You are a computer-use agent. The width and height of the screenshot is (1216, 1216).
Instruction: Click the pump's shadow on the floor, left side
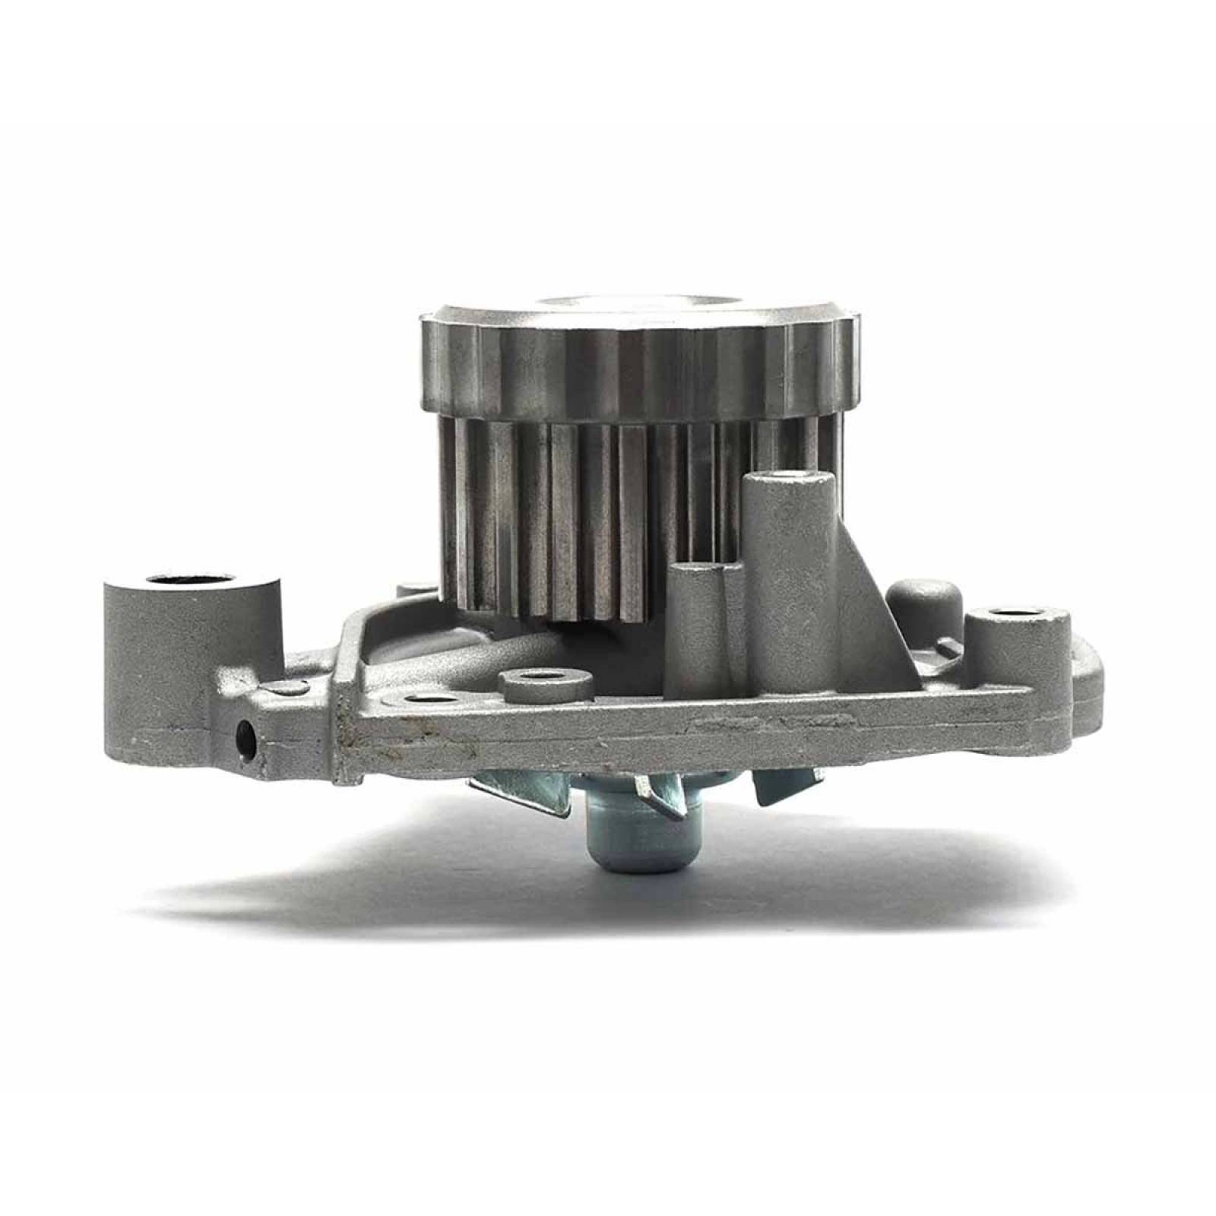(x=304, y=882)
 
